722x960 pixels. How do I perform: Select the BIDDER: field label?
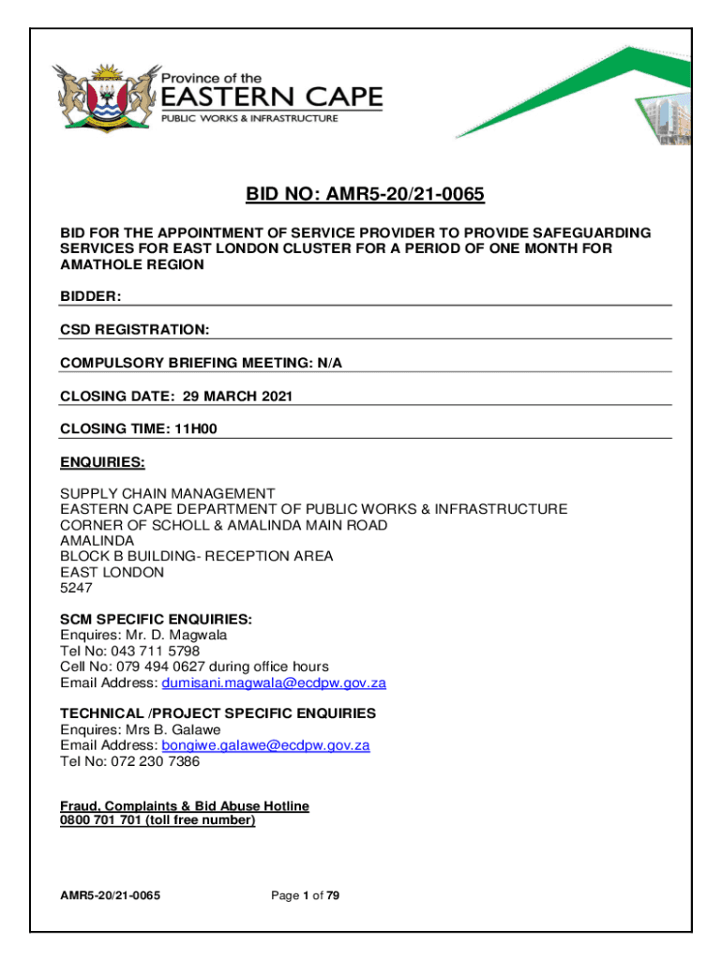(x=91, y=296)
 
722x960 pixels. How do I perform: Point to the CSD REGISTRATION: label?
(x=135, y=330)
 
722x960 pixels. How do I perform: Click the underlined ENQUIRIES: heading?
(x=103, y=463)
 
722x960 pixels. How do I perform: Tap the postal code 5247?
(x=77, y=588)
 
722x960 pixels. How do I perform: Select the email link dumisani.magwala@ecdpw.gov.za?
(x=274, y=682)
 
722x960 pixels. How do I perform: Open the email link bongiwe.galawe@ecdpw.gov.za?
(x=265, y=745)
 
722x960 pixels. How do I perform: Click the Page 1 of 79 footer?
(x=305, y=895)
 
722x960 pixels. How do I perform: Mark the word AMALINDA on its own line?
(x=98, y=540)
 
